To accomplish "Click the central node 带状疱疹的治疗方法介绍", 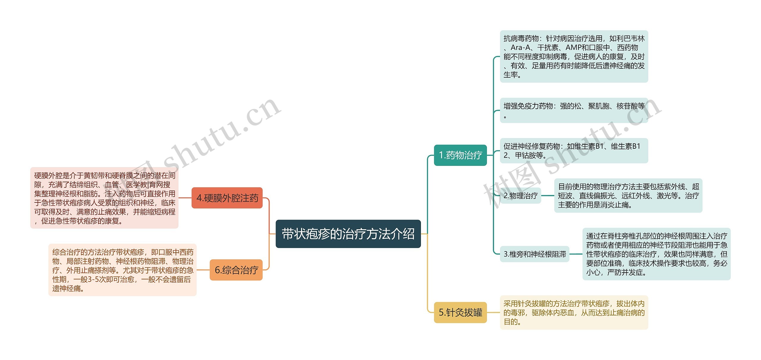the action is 348,234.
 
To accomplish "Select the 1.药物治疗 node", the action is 460,155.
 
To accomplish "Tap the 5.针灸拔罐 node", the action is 460,312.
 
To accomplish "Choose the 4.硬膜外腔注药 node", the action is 227,198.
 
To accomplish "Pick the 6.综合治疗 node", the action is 236,270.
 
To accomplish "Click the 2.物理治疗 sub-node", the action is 521,196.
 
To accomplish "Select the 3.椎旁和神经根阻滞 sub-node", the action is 534,254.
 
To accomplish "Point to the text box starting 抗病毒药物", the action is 574,56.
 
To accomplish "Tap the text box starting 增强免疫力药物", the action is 574,110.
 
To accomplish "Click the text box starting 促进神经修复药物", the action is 574,151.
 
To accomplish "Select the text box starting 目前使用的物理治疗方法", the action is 628,196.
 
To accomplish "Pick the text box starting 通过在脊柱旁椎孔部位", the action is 656,254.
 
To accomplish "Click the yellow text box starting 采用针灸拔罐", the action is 574,312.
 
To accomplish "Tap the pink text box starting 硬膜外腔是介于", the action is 104,198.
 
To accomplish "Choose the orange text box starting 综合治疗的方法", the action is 122,270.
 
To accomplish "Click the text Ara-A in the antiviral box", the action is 521,48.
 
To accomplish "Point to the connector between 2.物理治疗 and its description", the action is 548,196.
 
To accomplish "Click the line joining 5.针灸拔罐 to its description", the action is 493,312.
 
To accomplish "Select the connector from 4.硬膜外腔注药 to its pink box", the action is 185,198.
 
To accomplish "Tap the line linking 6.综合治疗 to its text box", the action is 203,270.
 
